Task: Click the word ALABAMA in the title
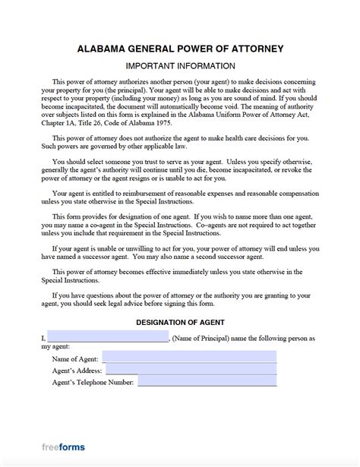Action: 103,49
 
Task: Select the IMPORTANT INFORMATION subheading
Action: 179,66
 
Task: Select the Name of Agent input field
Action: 189,357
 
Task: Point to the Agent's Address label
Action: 78,370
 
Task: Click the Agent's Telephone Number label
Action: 93,382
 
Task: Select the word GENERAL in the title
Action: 157,49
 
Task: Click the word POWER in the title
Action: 204,49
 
